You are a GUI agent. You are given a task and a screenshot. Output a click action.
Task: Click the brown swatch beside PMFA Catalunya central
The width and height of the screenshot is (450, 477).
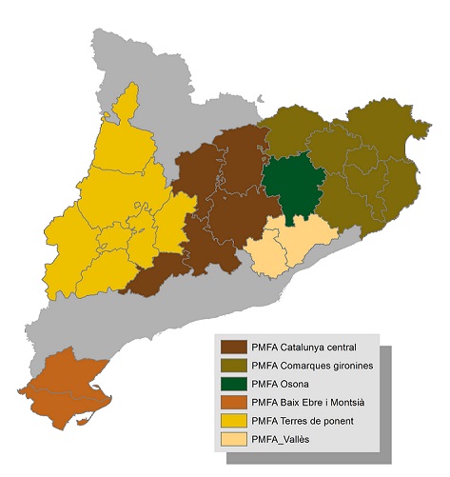click(x=234, y=347)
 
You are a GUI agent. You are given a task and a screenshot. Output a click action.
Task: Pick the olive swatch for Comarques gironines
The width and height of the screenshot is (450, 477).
click(x=234, y=366)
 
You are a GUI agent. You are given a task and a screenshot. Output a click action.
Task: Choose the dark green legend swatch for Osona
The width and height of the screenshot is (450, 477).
click(x=234, y=385)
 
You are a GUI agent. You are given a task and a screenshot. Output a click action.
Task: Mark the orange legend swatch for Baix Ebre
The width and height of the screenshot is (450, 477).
click(x=234, y=403)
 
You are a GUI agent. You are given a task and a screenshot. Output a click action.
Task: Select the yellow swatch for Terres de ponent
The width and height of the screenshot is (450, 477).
click(x=234, y=422)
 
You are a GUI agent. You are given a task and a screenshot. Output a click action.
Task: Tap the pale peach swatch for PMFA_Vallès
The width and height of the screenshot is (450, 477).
click(x=234, y=441)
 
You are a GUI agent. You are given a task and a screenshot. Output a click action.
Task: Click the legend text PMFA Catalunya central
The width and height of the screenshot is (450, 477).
click(x=304, y=347)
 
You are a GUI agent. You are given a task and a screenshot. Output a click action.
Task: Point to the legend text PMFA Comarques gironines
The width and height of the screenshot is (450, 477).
click(x=313, y=366)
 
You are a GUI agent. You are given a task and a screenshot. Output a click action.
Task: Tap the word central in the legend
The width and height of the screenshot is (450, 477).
click(x=340, y=347)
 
